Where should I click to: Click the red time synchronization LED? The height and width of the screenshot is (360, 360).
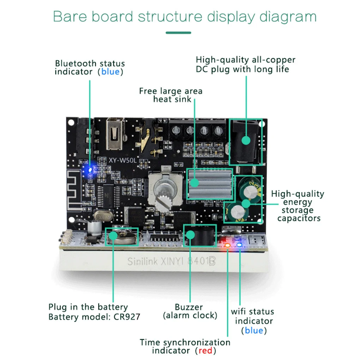tap(228, 245)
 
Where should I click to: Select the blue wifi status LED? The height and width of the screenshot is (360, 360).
tap(240, 244)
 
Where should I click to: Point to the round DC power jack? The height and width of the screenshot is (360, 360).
tap(246, 140)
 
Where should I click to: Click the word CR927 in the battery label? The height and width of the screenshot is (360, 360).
tap(126, 317)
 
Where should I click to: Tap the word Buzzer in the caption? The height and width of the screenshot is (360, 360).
tap(189, 307)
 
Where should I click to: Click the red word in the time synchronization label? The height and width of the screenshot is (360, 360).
tap(205, 350)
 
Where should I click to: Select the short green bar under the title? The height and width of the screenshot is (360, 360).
tap(178, 33)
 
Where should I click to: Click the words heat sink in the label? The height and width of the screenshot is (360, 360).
tap(172, 99)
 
